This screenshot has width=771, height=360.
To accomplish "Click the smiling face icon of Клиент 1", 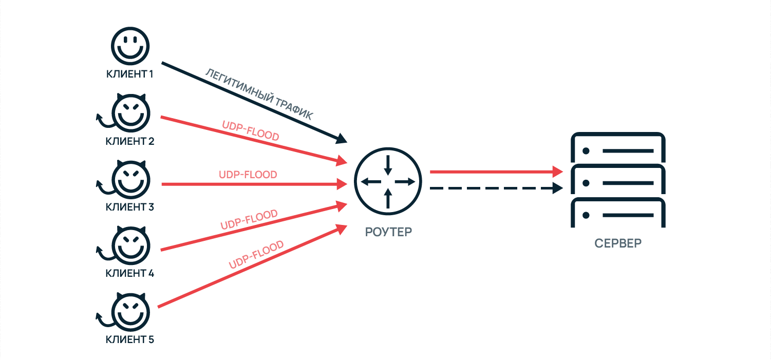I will point(129,46).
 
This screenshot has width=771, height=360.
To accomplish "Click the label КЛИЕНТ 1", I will point(129,74).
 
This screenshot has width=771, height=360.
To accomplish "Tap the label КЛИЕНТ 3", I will point(129,207).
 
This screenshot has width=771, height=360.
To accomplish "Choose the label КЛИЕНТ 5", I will point(129,340).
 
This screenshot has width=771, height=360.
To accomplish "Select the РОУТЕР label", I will point(388,232).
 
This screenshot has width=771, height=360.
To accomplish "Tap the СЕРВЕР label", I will point(618,243).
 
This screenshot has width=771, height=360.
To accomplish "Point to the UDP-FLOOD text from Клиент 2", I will point(250,131).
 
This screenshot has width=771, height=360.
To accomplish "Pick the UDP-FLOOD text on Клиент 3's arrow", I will point(248,175).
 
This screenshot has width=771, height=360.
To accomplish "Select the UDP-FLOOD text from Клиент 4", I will point(249,220).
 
